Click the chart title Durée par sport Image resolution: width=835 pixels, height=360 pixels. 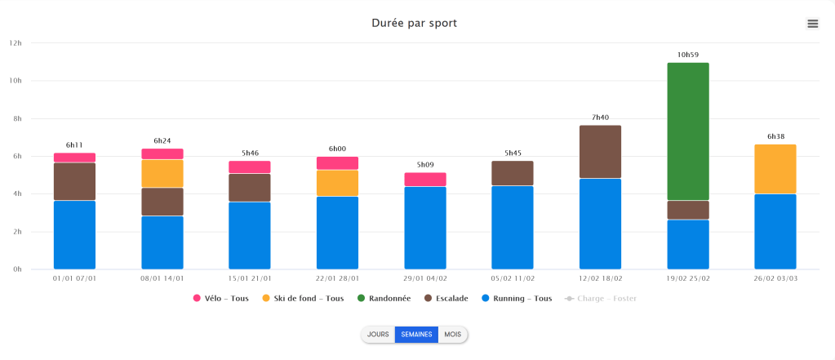(x=414, y=23)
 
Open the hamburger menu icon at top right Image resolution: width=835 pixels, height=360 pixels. (x=812, y=24)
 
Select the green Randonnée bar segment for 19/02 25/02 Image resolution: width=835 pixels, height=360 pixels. (x=687, y=131)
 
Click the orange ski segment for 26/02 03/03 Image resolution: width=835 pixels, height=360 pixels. (x=775, y=169)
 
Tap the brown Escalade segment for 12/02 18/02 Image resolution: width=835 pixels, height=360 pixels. (x=600, y=152)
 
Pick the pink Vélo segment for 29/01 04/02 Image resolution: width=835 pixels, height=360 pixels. (x=425, y=180)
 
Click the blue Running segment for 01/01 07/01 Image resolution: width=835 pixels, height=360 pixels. (x=75, y=235)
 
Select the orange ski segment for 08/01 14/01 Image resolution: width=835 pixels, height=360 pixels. (x=162, y=174)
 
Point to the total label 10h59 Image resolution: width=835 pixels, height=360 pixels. (x=687, y=55)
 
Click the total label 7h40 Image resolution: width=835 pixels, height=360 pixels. (x=600, y=118)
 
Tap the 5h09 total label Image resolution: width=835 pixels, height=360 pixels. (x=425, y=165)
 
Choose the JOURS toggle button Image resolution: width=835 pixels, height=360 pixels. (x=378, y=335)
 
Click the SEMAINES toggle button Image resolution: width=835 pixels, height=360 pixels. (x=416, y=335)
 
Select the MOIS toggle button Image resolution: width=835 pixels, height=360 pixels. (x=452, y=335)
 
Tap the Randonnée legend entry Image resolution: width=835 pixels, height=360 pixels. (x=386, y=299)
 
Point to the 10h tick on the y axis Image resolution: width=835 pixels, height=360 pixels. (x=15, y=81)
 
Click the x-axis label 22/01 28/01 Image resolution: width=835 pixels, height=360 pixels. (x=337, y=278)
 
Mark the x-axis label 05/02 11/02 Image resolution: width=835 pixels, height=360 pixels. (x=513, y=278)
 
